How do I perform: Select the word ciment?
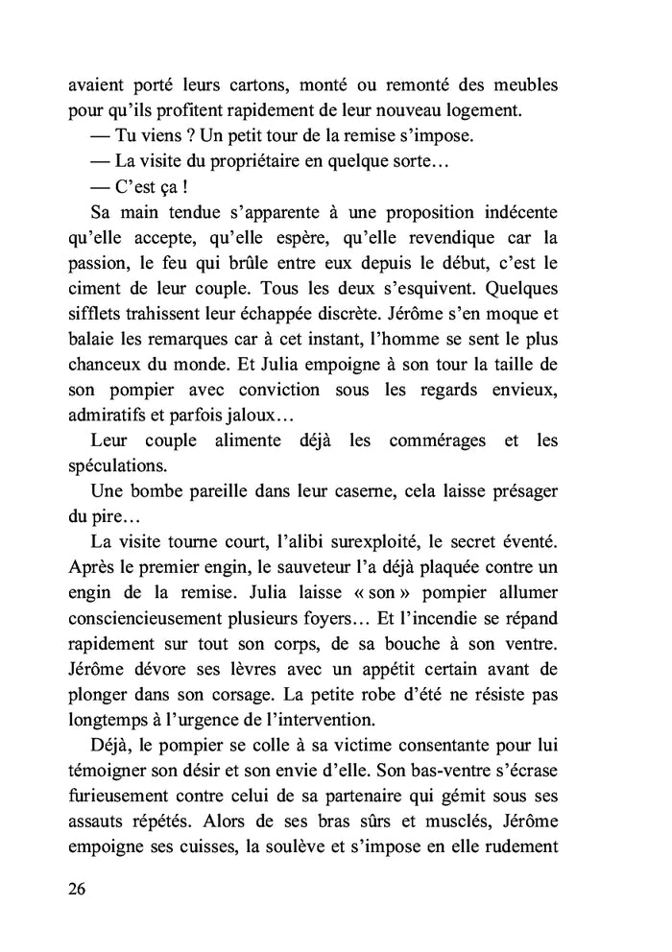point(94,285)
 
